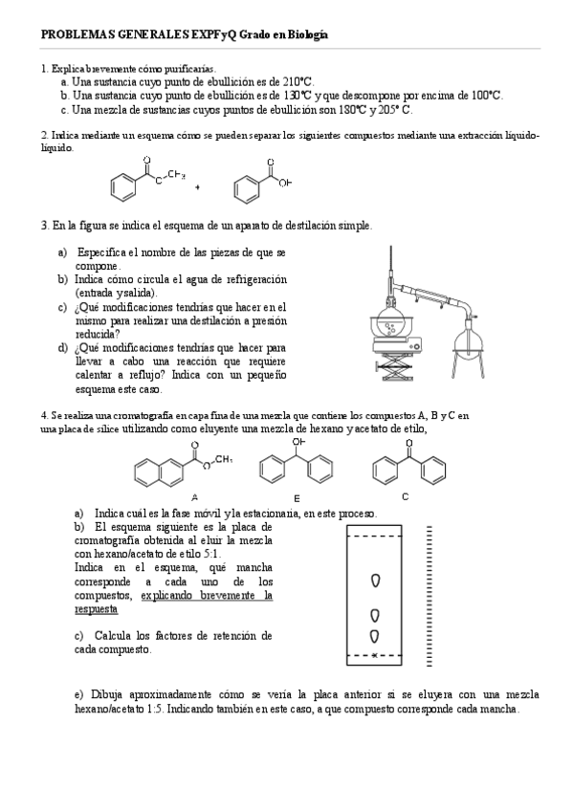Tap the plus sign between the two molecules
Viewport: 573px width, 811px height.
click(x=197, y=187)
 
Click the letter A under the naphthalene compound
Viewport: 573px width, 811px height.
click(x=194, y=496)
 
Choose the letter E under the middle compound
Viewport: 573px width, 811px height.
click(x=298, y=498)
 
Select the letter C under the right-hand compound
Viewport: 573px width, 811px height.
click(x=406, y=495)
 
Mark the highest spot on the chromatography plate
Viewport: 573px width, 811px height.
click(x=376, y=581)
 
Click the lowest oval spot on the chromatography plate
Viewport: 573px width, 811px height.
click(x=376, y=634)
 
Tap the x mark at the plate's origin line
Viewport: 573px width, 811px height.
click(x=374, y=655)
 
